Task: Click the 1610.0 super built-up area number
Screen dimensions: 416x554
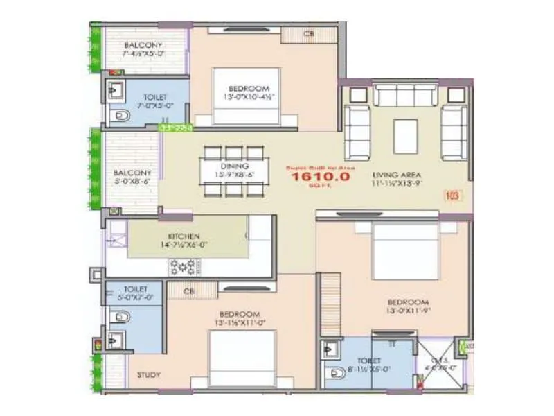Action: [321, 177]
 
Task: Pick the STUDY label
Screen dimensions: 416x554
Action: [148, 375]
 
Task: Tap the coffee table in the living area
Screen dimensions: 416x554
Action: [405, 137]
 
